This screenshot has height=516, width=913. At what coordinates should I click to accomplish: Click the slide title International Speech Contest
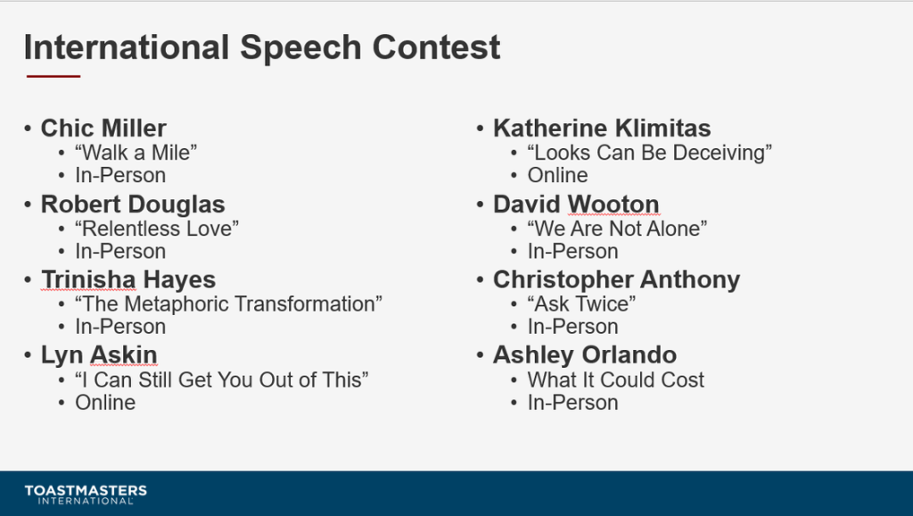coord(262,47)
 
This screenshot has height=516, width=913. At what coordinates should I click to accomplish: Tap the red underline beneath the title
coord(53,76)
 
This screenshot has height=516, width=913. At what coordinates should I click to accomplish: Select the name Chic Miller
coord(103,129)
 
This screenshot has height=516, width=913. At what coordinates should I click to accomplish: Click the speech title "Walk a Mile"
coord(136,153)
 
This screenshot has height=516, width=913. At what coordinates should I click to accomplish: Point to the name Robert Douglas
coord(133,204)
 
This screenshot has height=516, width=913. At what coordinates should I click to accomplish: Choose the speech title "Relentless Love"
coord(157,229)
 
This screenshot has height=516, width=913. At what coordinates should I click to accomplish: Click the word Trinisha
coord(88,279)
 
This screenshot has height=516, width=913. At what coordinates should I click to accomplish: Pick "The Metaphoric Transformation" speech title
coord(229,304)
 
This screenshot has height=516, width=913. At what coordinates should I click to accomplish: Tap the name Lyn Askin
coord(99,355)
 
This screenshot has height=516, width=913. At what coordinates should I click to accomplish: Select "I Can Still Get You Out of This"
coord(222,379)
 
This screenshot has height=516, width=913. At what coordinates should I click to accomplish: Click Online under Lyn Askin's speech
coord(105,403)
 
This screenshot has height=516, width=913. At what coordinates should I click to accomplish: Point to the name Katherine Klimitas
coord(602,129)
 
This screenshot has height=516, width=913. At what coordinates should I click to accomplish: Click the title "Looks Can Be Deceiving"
coord(650,153)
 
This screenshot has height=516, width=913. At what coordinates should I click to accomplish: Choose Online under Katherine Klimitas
coord(558,175)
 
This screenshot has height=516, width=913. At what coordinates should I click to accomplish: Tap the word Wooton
coord(613,204)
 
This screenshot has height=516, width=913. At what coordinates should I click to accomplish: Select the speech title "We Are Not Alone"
coord(617,229)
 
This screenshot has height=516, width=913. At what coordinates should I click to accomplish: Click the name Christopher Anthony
coord(617,279)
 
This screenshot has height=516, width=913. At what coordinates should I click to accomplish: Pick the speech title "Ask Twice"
coord(581,304)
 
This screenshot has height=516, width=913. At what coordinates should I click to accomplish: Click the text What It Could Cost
coord(616,379)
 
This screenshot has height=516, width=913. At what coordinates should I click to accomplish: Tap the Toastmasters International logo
coord(86,494)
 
